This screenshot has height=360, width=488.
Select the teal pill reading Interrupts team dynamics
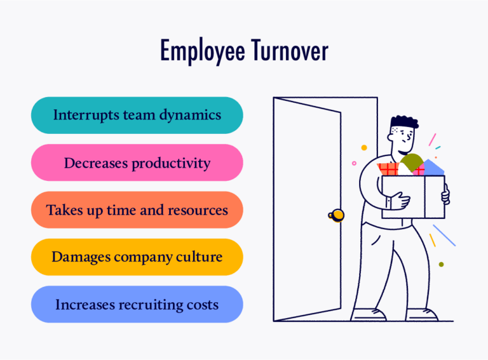(137, 116)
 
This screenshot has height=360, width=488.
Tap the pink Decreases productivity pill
(137, 163)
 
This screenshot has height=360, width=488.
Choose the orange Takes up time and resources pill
(137, 210)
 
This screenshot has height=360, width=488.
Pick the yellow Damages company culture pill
(137, 257)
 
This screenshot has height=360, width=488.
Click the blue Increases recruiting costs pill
(137, 305)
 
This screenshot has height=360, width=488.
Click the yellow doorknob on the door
(338, 215)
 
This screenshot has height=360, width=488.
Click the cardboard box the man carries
(413, 197)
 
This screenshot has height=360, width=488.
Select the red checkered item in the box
(388, 169)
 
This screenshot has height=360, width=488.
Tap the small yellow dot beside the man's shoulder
(364, 147)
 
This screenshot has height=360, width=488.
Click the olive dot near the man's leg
(441, 264)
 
